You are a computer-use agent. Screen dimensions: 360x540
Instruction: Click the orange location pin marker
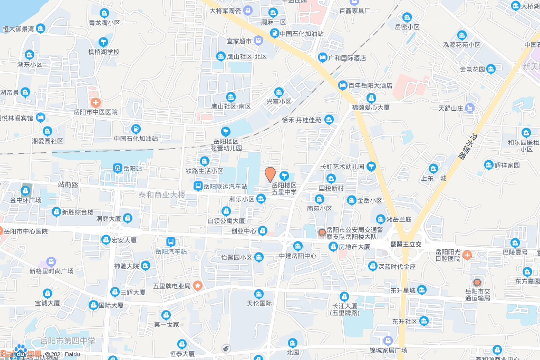pyautogui.click(x=270, y=174)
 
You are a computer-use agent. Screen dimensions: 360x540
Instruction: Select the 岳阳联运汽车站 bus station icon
pyautogui.click(x=198, y=186)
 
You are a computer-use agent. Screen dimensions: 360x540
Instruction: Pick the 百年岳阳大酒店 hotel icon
pyautogui.click(x=343, y=85)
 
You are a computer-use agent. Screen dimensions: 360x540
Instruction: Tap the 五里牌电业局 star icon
pyautogui.click(x=198, y=286)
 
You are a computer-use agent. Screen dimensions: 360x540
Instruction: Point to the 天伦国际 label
pyautogui.click(x=258, y=303)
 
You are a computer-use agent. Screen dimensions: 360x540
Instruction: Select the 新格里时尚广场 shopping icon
pyautogui.click(x=51, y=261)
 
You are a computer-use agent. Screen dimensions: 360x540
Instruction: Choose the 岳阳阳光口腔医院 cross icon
pyautogui.click(x=467, y=255)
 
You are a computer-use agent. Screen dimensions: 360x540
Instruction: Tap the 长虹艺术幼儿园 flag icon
pyautogui.click(x=371, y=167)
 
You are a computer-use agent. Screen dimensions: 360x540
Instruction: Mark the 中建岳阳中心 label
pyautogui.click(x=297, y=256)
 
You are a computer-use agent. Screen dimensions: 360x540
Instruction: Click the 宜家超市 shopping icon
pyautogui.click(x=258, y=41)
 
